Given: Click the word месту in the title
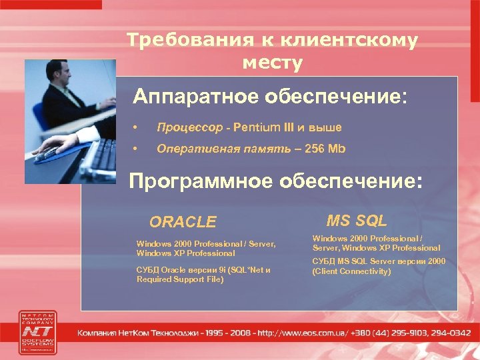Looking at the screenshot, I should [272, 63].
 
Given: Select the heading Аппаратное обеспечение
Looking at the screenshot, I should [268, 97].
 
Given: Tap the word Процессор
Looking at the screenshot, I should [189, 127].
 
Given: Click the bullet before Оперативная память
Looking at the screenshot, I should [135, 148].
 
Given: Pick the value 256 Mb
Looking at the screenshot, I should [325, 148].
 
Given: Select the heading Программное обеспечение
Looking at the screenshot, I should [275, 182].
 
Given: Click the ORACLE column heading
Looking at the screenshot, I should [183, 222].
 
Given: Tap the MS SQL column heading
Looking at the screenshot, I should [357, 221].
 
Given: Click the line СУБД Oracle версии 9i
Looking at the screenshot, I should [193, 270].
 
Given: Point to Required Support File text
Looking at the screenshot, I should [180, 279].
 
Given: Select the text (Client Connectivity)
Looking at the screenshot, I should [351, 271].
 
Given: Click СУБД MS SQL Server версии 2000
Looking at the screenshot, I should [378, 261].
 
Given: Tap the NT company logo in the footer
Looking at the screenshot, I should [39, 331].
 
